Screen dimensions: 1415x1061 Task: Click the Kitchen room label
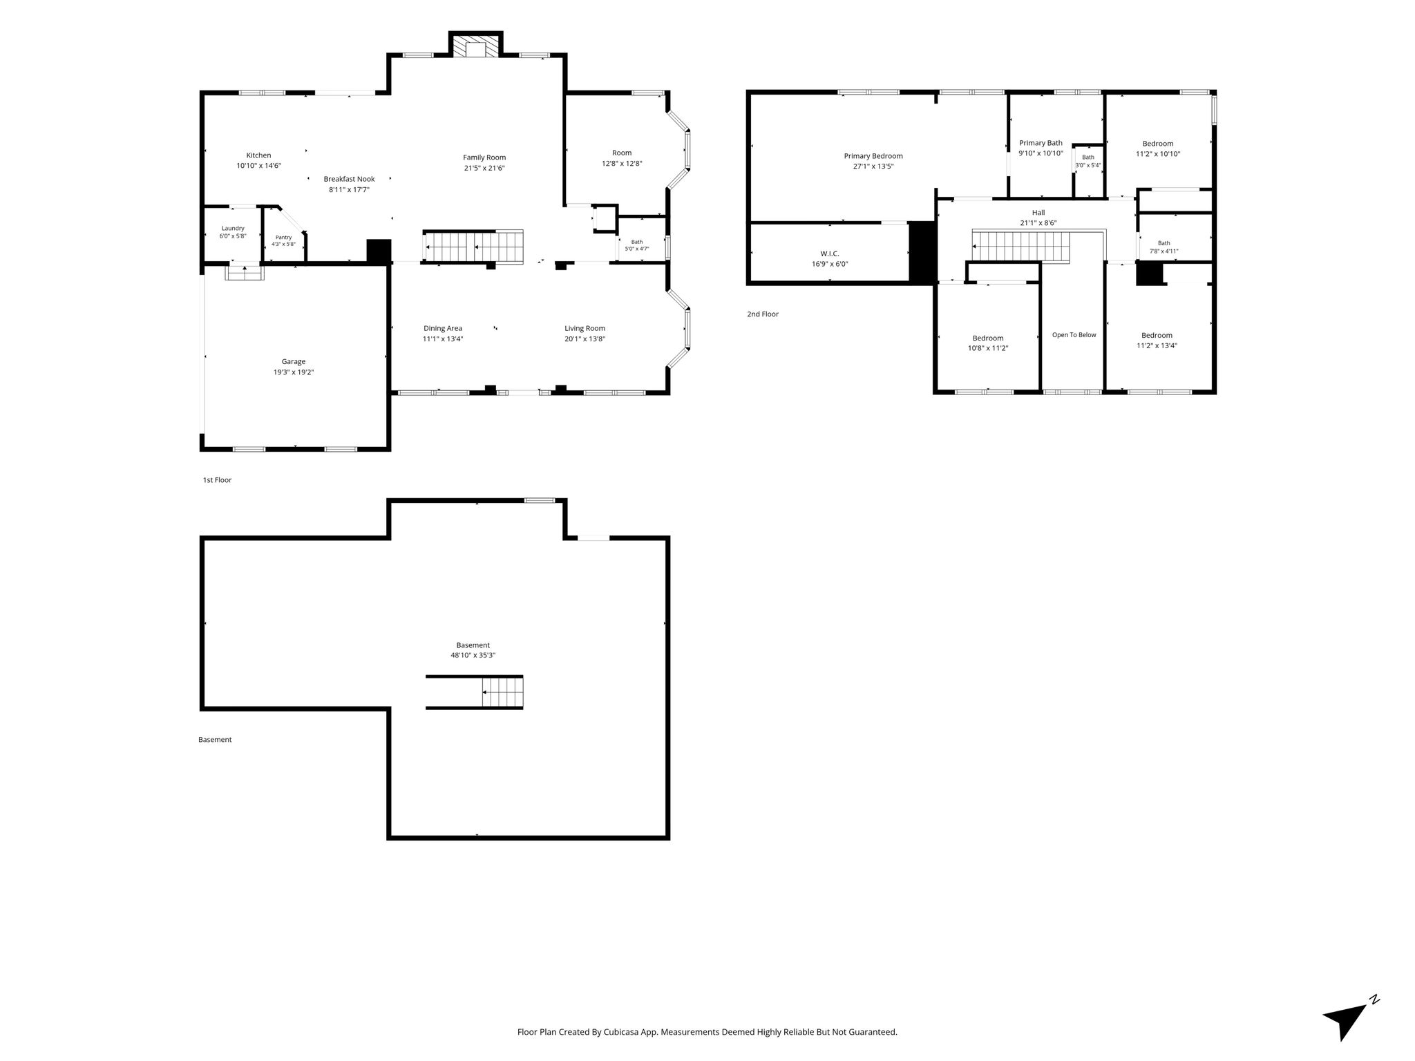tap(258, 155)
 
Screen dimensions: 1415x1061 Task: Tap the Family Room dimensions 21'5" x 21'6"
tap(484, 168)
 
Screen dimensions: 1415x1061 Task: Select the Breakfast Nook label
tap(349, 179)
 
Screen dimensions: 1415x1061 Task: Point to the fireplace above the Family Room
tap(475, 45)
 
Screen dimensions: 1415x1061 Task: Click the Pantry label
tap(283, 237)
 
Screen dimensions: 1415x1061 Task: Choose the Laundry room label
tap(233, 229)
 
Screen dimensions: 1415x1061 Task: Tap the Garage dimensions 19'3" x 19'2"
tap(293, 372)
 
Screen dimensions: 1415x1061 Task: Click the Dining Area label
tap(443, 328)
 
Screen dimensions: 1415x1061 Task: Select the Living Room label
tap(585, 328)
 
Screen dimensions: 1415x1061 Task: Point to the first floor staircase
tap(474, 247)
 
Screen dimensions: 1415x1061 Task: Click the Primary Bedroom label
tap(873, 156)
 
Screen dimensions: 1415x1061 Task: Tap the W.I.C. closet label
tap(830, 254)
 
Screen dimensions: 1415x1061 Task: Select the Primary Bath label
tap(1041, 143)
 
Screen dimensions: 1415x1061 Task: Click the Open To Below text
tap(1074, 335)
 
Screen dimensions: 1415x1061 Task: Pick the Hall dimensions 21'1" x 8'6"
tap(1038, 223)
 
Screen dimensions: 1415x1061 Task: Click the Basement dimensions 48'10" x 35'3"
tap(473, 656)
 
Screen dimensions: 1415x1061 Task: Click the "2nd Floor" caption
tap(762, 314)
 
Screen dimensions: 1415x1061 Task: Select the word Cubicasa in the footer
tap(620, 1032)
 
